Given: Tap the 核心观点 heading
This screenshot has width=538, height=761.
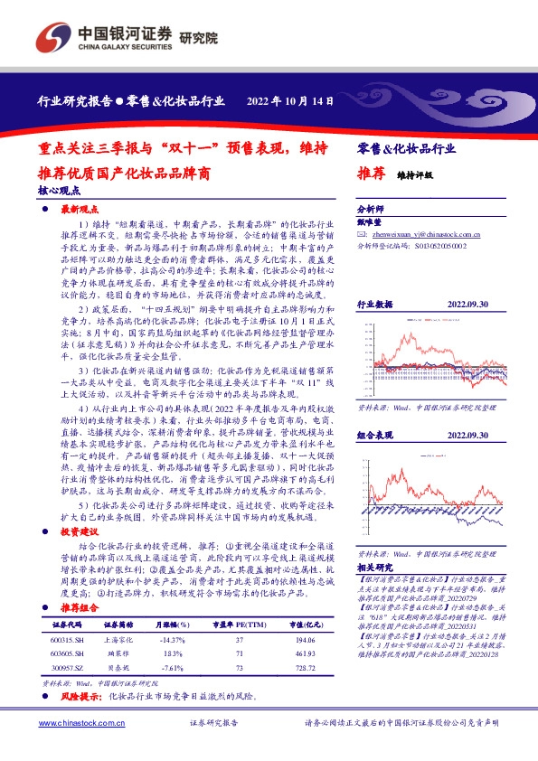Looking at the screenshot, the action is tap(59, 192).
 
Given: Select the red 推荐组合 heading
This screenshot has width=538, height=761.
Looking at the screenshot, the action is tap(78, 610).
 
